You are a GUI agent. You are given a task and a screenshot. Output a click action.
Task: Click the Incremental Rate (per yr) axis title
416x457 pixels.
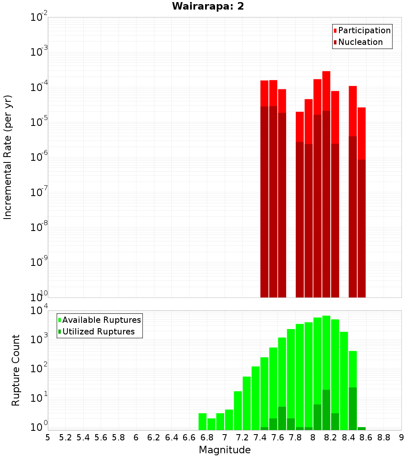coord(8,157)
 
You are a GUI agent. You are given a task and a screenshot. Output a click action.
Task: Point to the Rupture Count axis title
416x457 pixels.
coord(16,370)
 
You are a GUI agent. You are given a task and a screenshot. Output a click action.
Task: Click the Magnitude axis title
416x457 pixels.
coord(225,450)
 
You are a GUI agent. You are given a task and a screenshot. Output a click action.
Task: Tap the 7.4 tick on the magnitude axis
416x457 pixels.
coord(260,437)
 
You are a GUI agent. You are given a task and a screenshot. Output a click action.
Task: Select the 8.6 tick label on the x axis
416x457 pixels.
coord(366,437)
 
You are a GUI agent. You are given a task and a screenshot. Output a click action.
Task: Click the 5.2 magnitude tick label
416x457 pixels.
coord(65,437)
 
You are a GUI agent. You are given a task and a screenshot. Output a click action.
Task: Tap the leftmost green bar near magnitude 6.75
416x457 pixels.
coord(203,421)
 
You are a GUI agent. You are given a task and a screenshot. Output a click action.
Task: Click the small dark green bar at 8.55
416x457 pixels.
coord(362,428)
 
